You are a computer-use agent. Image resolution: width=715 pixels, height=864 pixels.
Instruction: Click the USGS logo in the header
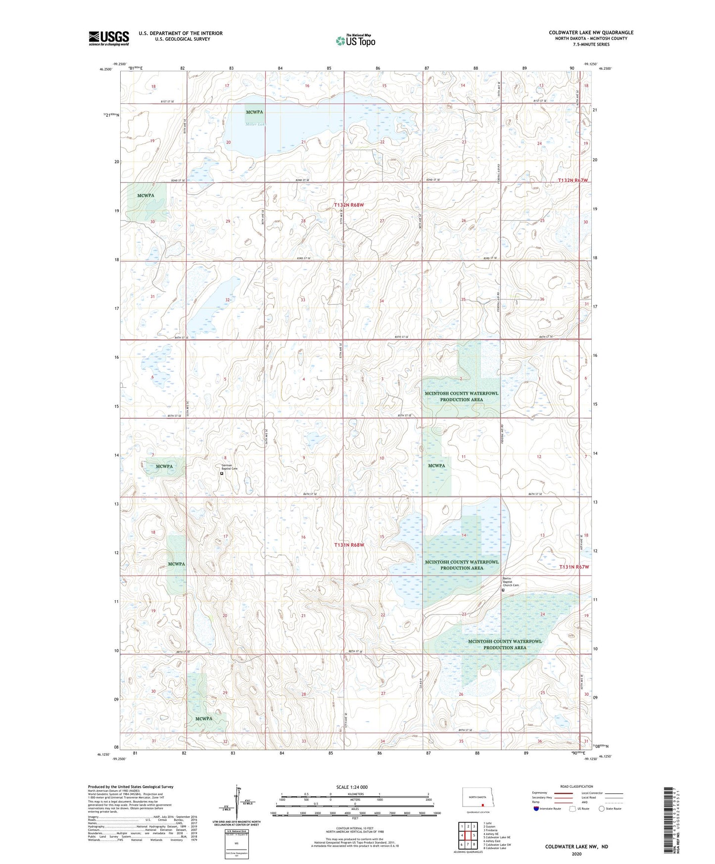(109, 38)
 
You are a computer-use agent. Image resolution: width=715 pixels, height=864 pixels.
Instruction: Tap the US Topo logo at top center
(355, 41)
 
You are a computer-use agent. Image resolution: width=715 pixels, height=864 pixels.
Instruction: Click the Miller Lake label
(256, 124)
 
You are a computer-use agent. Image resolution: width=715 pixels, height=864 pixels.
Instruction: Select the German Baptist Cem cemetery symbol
(222, 474)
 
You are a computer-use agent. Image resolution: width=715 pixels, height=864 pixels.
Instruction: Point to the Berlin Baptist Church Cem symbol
(503, 590)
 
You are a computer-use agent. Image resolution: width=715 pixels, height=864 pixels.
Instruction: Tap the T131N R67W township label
(574, 567)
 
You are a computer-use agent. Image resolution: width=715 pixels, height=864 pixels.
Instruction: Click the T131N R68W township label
(348, 545)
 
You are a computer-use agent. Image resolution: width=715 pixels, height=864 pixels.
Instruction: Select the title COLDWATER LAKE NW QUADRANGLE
(591, 33)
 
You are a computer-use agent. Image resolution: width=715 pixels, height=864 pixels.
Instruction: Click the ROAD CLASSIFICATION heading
(576, 786)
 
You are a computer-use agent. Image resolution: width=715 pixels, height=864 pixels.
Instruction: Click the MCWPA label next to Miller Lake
(254, 112)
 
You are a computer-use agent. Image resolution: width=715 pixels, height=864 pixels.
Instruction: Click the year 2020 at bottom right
(576, 854)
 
